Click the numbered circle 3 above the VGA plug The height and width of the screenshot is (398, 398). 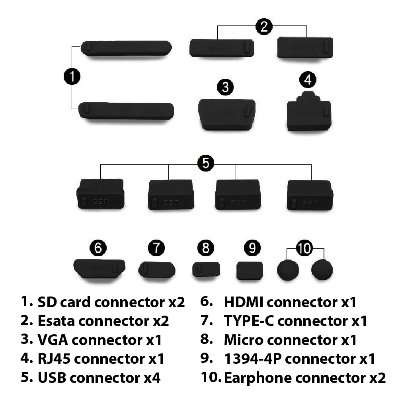225,87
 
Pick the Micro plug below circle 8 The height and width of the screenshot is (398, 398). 206,269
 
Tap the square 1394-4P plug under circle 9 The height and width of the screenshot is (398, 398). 250,270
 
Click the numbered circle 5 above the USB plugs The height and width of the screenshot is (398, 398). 205,163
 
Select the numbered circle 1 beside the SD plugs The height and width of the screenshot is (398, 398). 72,76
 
